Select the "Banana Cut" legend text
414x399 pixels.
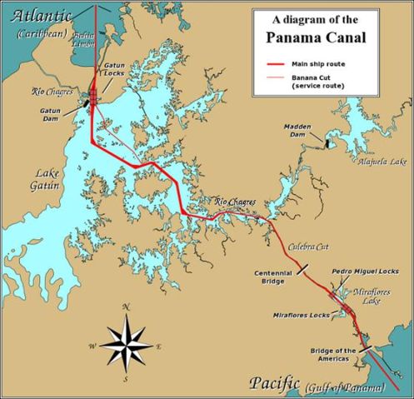click(314, 77)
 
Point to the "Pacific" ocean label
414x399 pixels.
click(273, 384)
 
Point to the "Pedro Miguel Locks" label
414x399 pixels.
click(365, 272)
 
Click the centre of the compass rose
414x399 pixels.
click(126, 343)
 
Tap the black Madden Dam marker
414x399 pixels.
click(328, 142)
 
